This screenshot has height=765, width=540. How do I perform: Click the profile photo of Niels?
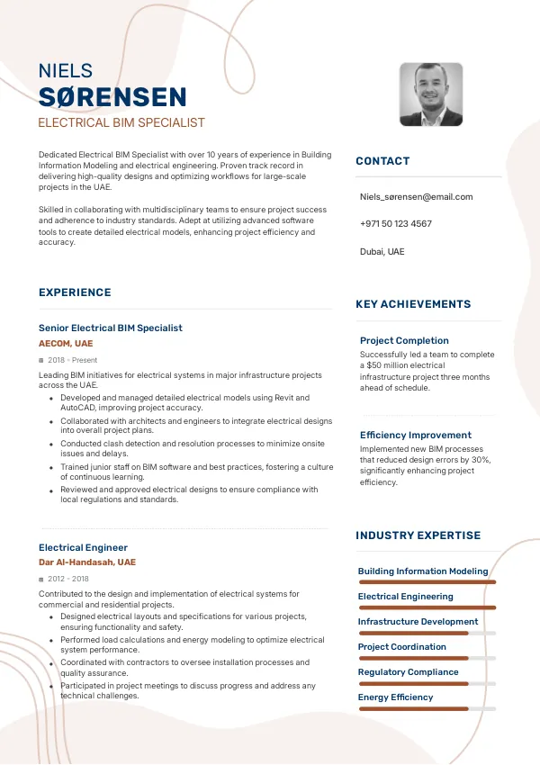(x=431, y=94)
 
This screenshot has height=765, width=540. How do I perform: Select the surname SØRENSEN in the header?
(x=112, y=97)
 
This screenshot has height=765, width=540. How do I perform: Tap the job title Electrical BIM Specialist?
(x=121, y=122)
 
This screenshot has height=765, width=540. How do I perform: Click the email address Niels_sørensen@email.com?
(x=416, y=196)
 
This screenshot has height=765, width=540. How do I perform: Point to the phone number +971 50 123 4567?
(x=395, y=223)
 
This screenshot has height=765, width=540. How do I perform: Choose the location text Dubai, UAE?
(x=382, y=251)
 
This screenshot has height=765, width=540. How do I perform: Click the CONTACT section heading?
(x=382, y=161)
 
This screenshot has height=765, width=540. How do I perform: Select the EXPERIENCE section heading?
(x=75, y=292)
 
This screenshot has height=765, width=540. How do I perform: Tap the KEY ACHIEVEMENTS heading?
(x=413, y=304)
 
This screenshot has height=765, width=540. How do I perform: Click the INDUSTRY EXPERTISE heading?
(x=418, y=535)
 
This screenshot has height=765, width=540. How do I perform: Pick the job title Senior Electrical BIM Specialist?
(x=110, y=328)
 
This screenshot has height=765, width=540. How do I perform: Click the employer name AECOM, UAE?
(x=66, y=344)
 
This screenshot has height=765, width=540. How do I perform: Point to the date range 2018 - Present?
(x=72, y=360)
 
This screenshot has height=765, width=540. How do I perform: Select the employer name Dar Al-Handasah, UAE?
(x=86, y=562)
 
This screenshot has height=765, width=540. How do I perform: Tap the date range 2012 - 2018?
(x=68, y=579)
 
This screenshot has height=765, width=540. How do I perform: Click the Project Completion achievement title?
(x=404, y=340)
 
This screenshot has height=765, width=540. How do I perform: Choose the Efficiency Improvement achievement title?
(x=415, y=435)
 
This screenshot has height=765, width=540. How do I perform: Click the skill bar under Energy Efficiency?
(x=427, y=709)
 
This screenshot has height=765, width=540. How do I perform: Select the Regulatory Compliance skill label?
(x=408, y=671)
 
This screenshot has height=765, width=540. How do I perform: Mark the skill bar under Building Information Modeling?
(x=427, y=582)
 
